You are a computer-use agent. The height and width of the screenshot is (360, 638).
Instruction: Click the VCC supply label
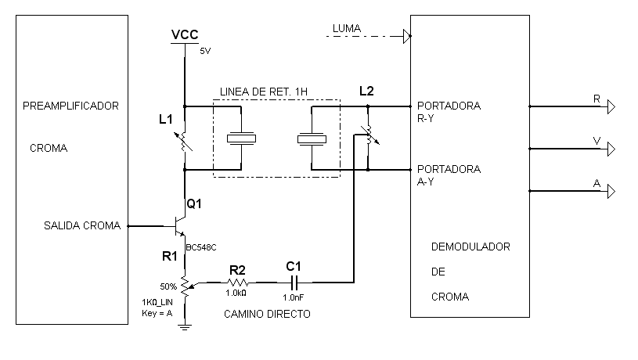(x=185, y=34)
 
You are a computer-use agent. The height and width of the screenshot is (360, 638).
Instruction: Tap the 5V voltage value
(x=205, y=51)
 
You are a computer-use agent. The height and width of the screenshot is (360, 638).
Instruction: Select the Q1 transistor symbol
(x=178, y=226)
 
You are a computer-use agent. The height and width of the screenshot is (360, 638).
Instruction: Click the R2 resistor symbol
(x=239, y=283)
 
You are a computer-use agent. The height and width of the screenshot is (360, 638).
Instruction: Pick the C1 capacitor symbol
(x=294, y=283)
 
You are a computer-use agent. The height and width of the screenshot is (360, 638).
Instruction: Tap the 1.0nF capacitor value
(x=294, y=297)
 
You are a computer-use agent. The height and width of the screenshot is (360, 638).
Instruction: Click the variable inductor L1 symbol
(x=185, y=142)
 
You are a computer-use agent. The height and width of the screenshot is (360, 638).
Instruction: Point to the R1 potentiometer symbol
(x=186, y=285)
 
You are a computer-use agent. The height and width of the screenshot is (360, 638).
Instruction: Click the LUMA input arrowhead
(x=406, y=35)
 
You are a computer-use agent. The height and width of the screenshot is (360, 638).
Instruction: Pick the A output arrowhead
(x=612, y=190)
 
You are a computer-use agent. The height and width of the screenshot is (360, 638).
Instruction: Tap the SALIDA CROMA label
(x=82, y=226)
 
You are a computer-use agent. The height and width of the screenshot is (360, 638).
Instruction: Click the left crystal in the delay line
(x=241, y=139)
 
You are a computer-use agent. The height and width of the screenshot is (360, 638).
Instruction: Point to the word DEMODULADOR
(x=471, y=247)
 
